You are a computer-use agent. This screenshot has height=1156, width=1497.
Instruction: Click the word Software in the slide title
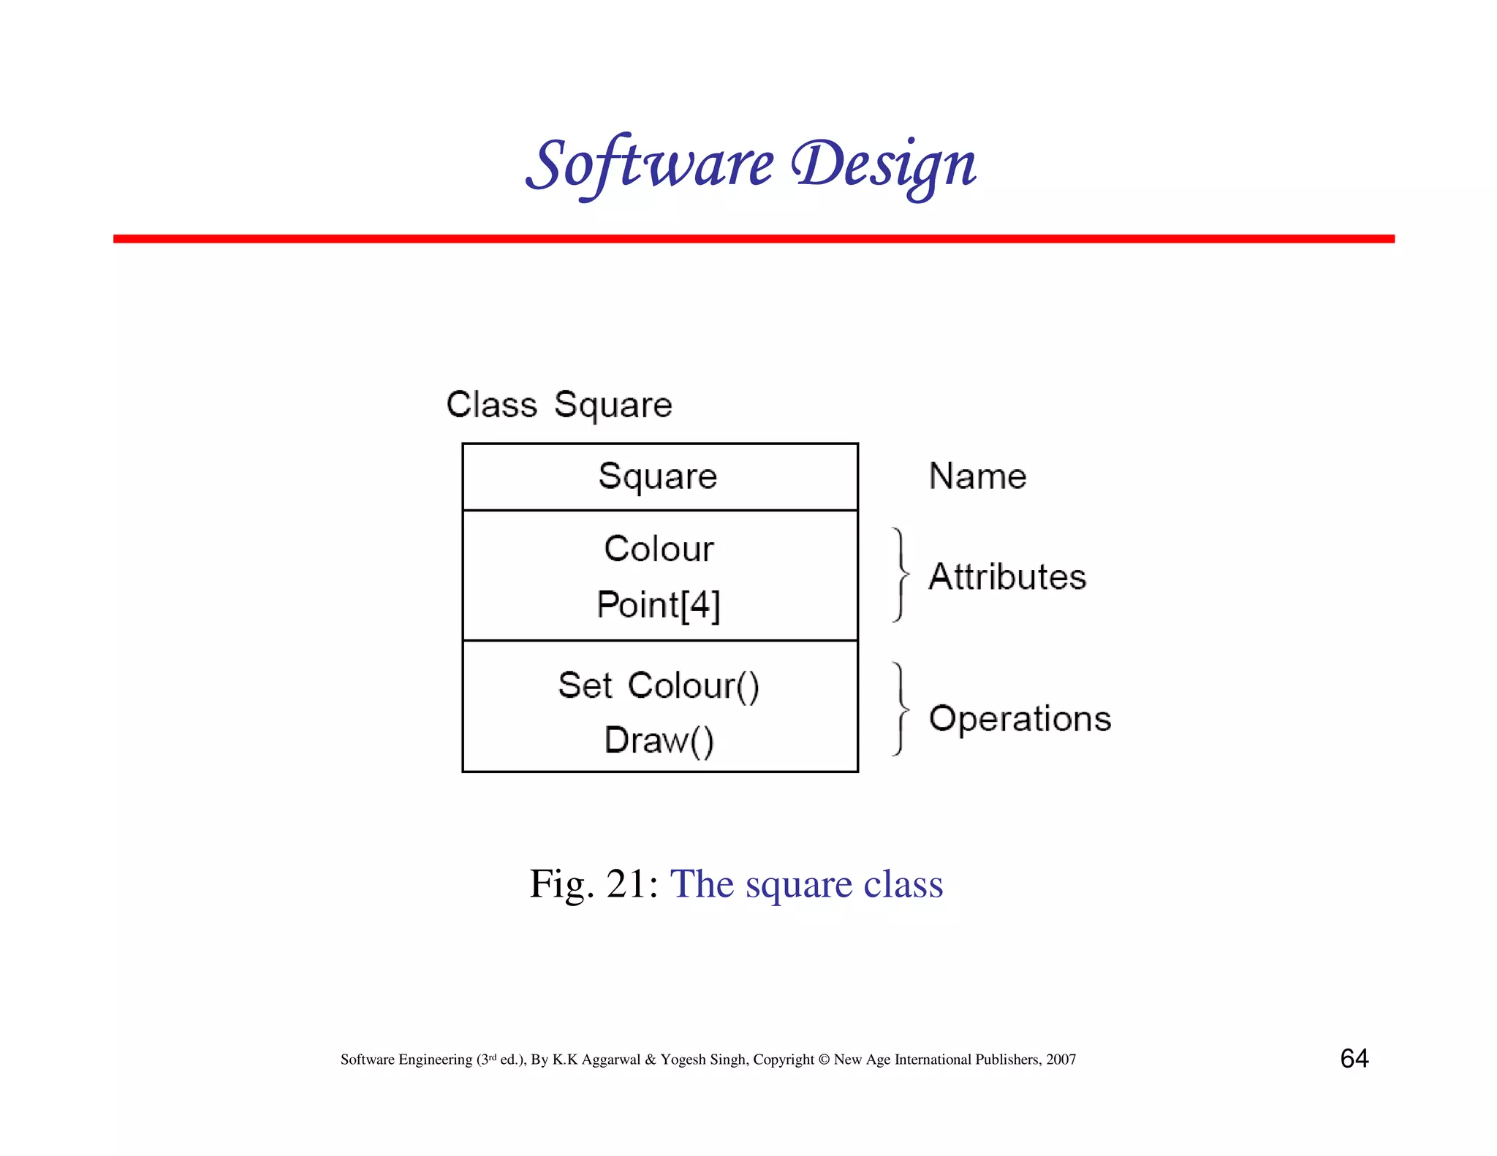point(650,164)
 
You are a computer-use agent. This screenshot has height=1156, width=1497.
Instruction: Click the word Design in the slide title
point(884,165)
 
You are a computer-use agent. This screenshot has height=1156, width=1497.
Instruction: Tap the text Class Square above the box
point(559,405)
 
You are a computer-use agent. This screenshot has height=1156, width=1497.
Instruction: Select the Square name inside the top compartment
point(658,476)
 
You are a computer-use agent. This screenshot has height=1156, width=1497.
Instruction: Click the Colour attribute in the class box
point(659,549)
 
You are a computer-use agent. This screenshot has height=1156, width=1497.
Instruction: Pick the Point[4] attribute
point(659,605)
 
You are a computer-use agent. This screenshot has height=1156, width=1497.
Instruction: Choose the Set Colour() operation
point(659,685)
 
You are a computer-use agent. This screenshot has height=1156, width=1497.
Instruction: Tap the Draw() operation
point(659,740)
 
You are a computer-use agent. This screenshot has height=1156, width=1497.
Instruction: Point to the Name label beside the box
point(977,476)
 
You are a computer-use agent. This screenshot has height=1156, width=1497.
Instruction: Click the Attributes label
point(1007,577)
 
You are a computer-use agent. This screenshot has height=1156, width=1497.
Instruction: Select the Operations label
point(1020,718)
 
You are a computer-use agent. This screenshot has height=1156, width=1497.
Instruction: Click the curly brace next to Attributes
point(901,575)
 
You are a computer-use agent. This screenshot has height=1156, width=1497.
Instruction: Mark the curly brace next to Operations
point(901,709)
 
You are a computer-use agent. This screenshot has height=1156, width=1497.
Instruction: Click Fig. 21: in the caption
point(594,884)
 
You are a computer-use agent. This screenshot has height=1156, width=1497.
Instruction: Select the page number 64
point(1354,1058)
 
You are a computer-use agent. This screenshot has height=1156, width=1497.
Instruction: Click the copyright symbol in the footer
point(824,1060)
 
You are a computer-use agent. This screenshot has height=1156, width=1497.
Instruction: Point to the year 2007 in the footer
point(1061,1060)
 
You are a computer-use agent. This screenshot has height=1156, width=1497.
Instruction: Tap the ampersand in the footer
point(651,1060)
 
